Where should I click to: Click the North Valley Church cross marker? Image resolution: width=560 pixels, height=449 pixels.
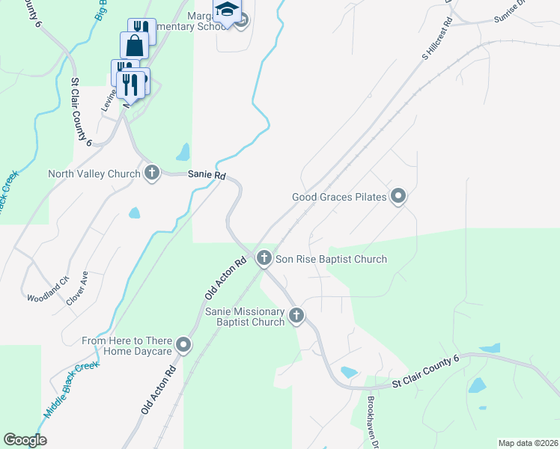152,174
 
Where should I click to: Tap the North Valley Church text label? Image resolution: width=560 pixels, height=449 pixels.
94,174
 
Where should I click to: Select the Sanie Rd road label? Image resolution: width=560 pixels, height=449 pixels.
207,174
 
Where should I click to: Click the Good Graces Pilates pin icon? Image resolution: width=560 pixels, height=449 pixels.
399,197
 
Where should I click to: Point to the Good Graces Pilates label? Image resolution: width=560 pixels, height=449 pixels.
338,198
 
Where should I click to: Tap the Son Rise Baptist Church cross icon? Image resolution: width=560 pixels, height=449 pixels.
264,258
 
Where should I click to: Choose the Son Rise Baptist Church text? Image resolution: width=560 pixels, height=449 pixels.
331,260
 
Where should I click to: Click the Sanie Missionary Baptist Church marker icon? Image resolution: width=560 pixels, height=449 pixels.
296,315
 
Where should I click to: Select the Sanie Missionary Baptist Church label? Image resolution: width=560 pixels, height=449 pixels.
245,317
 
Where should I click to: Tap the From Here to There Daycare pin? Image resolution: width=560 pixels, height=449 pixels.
183,345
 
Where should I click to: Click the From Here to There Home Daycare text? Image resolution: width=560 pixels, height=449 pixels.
127,346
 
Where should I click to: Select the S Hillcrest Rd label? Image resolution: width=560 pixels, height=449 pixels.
439,37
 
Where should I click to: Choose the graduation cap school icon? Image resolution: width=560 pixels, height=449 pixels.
227,9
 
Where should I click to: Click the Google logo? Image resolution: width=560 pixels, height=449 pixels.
25,440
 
